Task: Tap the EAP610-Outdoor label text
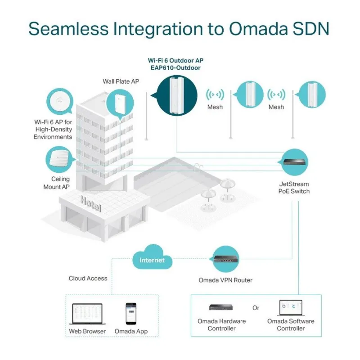pyautogui.click(x=175, y=68)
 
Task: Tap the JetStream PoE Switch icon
pyautogui.click(x=295, y=162)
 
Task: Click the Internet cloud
pyautogui.click(x=152, y=260)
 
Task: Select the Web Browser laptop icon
pyautogui.click(x=87, y=314)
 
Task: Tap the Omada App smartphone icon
pyautogui.click(x=130, y=313)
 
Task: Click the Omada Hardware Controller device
pyautogui.click(x=221, y=308)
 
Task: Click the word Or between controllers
pyautogui.click(x=256, y=308)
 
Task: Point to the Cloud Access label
pyautogui.click(x=88, y=279)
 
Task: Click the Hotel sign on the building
pyautogui.click(x=91, y=204)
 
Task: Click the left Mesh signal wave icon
pyautogui.click(x=215, y=95)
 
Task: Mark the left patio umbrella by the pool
pyautogui.click(x=208, y=194)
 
